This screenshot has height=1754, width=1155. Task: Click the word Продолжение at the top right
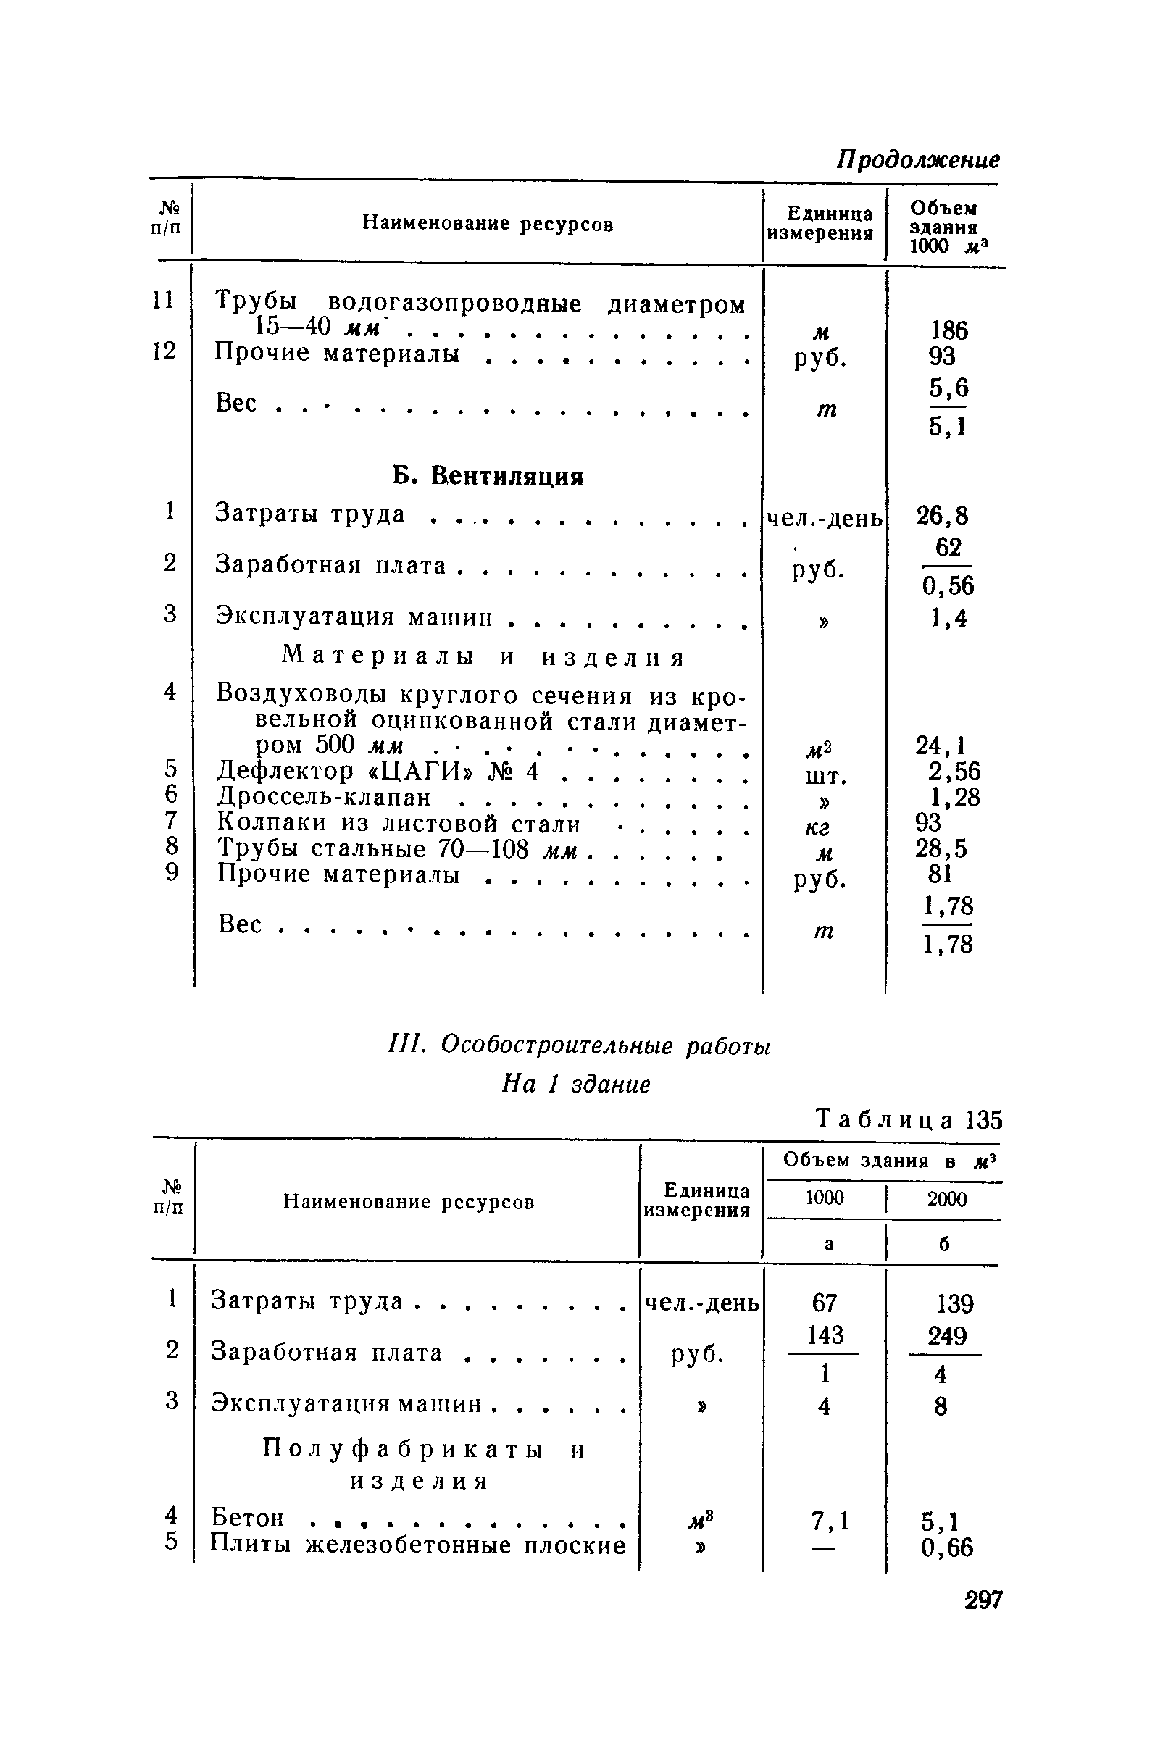coord(917,159)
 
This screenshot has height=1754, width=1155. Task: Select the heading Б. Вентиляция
coord(487,476)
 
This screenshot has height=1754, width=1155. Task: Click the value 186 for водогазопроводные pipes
coord(948,330)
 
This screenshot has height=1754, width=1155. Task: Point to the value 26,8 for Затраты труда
coord(942,515)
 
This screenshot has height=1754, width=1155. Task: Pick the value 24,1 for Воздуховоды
coord(941,745)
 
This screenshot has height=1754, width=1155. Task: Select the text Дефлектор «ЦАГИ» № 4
coord(378,772)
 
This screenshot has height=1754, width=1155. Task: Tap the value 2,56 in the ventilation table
coord(954,771)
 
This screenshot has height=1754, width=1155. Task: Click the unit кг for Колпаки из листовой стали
coord(817,828)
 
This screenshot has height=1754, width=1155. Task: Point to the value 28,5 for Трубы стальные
coord(941,848)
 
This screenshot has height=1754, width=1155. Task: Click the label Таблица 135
coord(909,1120)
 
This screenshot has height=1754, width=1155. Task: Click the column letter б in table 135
coord(944,1244)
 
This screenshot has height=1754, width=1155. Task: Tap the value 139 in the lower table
coord(954,1303)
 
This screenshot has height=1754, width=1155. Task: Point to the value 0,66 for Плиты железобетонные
coord(946,1547)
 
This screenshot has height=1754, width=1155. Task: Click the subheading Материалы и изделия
coord(483,656)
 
